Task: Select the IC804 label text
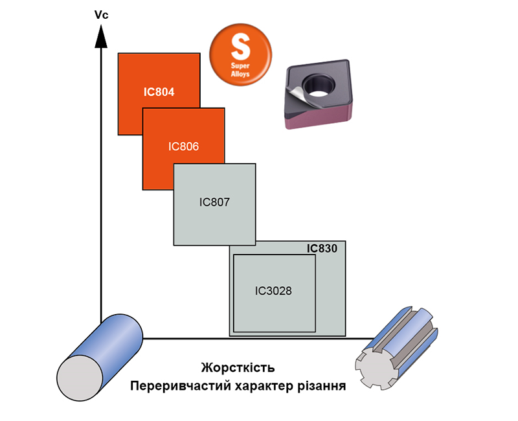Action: pos(159,92)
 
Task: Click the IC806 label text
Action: pos(183,146)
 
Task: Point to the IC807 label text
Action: pos(215,202)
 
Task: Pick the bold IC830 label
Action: pos(322,248)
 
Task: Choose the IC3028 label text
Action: pos(274,291)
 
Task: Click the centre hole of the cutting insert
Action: pos(319,84)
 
